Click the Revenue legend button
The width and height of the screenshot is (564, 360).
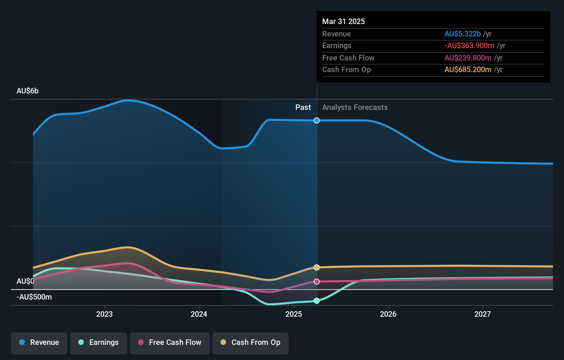click(x=39, y=342)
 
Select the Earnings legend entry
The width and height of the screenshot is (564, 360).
click(x=99, y=342)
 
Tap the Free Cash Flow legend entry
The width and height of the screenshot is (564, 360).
click(x=170, y=342)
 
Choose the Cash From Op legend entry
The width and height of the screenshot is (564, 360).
click(x=250, y=342)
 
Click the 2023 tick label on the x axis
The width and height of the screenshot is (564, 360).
click(x=104, y=314)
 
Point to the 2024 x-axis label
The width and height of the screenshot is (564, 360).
click(x=199, y=314)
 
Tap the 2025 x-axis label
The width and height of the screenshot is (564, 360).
click(x=294, y=314)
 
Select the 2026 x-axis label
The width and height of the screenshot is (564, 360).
click(x=388, y=314)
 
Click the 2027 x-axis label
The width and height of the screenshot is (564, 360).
click(x=483, y=314)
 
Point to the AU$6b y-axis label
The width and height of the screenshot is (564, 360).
click(x=27, y=91)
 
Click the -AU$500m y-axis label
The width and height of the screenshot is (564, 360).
click(x=34, y=297)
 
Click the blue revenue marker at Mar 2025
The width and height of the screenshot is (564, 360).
click(x=317, y=120)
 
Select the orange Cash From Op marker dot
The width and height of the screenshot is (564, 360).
click(x=317, y=267)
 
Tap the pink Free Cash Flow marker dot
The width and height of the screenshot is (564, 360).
click(x=317, y=281)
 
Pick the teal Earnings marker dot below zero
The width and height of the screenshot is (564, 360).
click(x=317, y=301)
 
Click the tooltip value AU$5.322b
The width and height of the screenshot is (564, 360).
click(x=462, y=34)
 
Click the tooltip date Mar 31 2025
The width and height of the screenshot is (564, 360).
click(x=343, y=21)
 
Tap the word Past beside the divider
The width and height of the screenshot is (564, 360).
click(x=303, y=108)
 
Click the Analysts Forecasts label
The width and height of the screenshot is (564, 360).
click(x=355, y=108)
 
